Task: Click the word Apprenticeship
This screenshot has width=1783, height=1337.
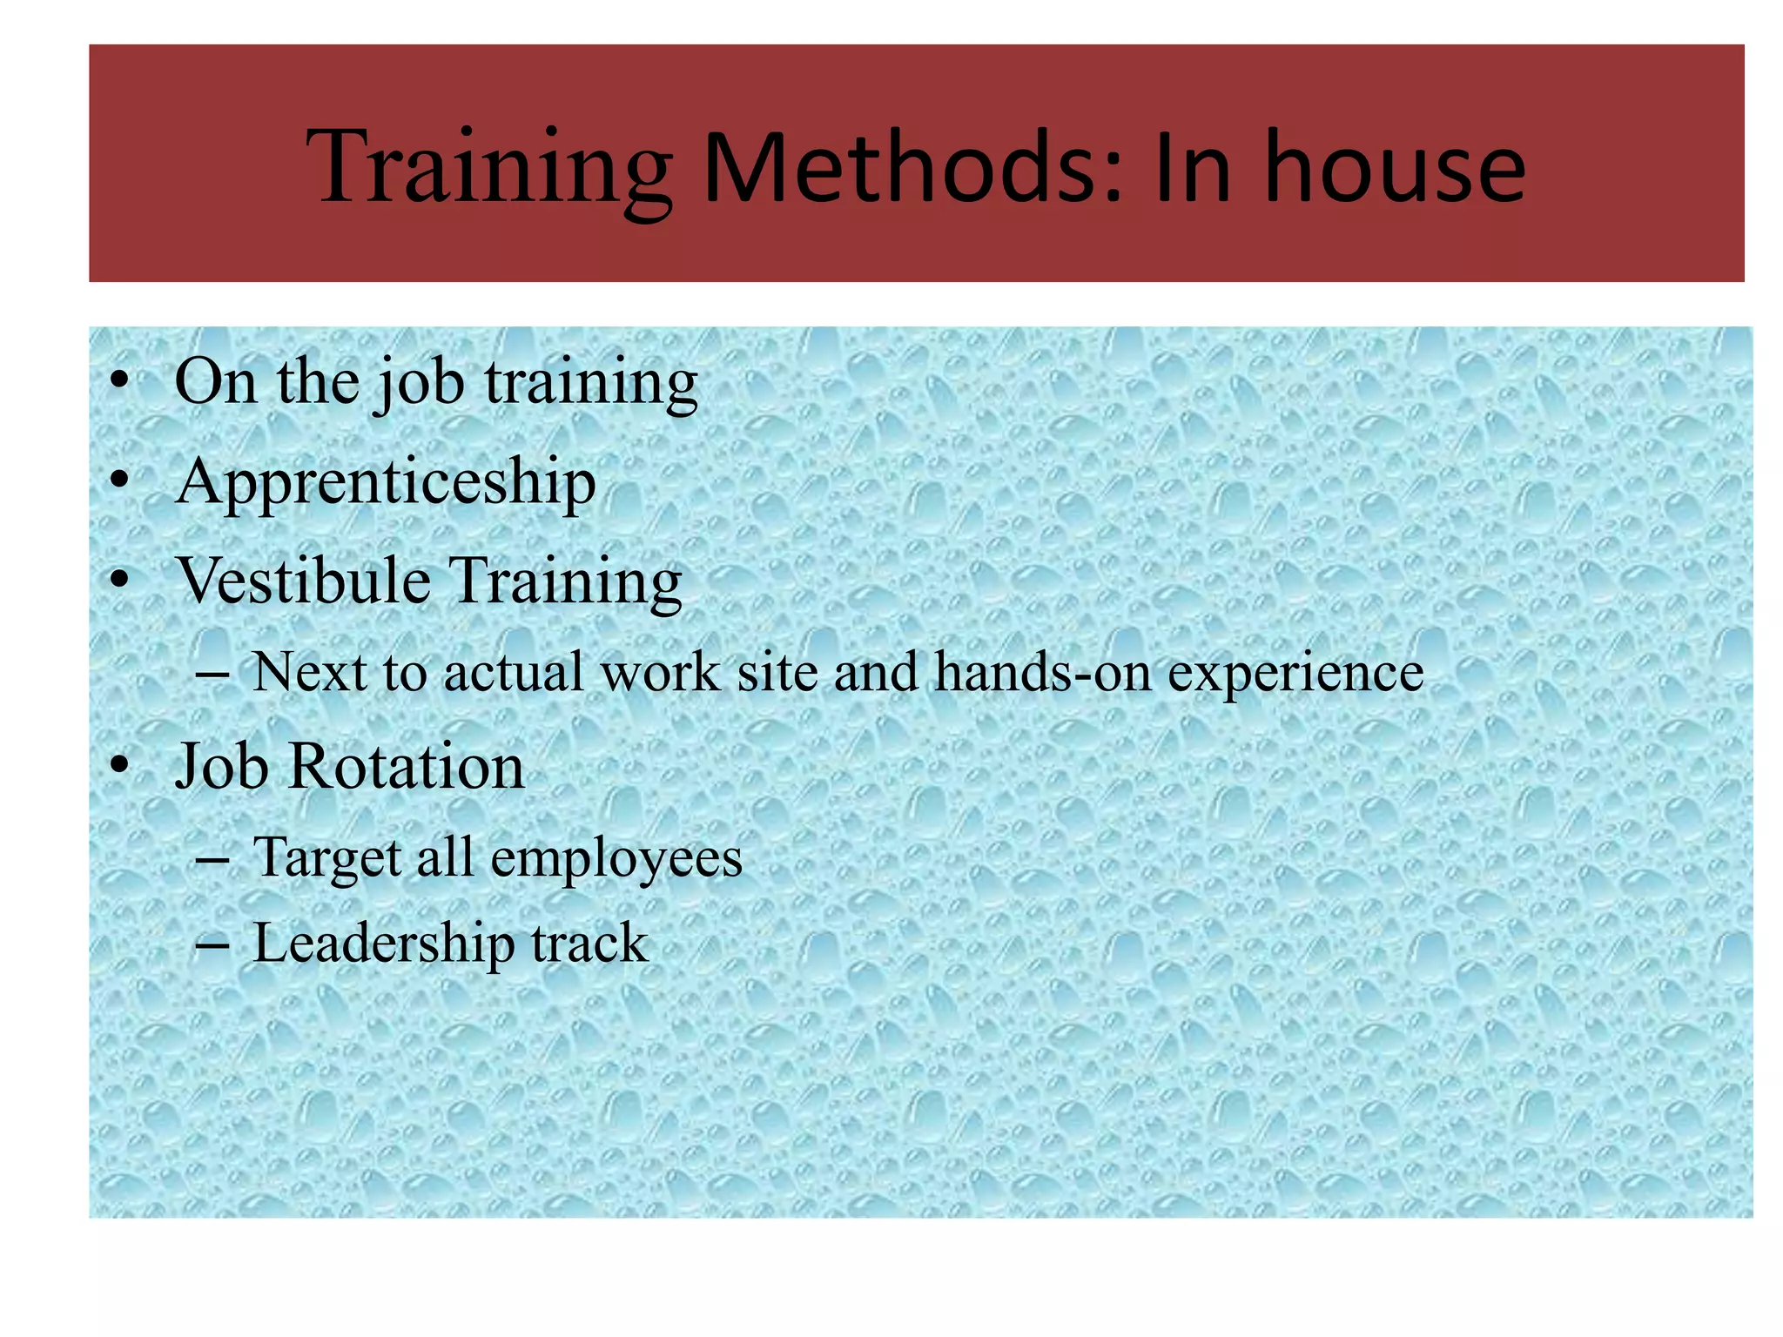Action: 386,481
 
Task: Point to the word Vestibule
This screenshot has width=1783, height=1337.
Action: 303,580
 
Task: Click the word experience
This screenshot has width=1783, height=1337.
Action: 1295,673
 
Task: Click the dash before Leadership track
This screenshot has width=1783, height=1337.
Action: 212,944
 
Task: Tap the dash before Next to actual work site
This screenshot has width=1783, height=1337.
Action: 212,673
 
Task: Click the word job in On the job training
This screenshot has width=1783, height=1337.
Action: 421,383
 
